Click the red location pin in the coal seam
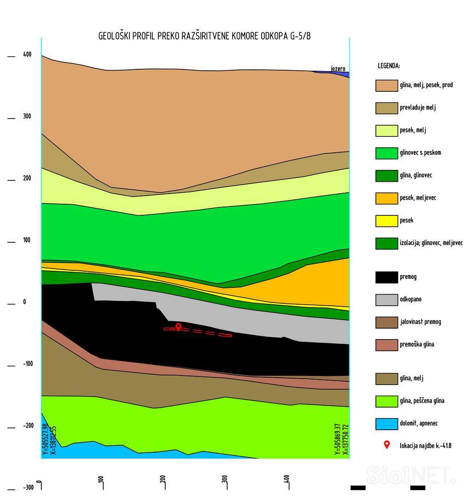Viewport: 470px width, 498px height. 179,326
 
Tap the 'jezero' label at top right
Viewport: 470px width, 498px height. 338,69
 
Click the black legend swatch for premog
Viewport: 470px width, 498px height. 386,277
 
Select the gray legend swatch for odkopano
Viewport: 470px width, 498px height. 386,300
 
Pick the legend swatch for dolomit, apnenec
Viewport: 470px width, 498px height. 386,424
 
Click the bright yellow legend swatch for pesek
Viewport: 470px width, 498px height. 386,221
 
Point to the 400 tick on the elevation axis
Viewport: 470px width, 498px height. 27,55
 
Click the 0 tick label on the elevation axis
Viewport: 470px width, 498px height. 24,302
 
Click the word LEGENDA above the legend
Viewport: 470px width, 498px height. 389,66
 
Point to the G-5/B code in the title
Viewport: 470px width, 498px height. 300,36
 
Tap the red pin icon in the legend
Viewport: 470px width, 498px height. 386,444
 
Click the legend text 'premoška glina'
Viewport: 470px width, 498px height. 417,345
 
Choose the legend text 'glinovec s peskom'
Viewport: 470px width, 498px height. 420,153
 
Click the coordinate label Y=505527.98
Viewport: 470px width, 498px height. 45,439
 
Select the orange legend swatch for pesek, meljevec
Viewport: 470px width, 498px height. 386,198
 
